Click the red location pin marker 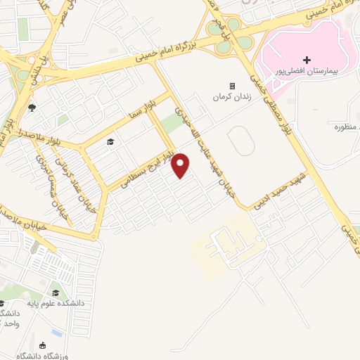coord(181,166)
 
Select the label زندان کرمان coord(231,97)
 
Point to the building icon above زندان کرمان coord(232,86)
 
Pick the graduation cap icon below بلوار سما coord(110,143)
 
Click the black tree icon coord(32,108)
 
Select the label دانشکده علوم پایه coord(56,302)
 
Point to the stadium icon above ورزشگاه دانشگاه coord(44,345)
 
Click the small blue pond coord(56,331)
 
